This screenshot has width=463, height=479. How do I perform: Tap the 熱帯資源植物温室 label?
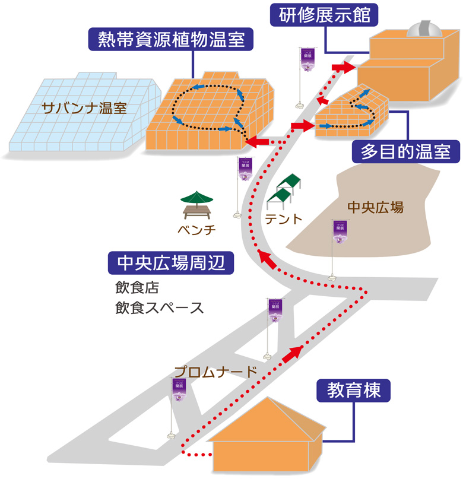click(x=171, y=40)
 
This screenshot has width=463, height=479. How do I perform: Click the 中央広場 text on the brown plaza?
click(x=375, y=207)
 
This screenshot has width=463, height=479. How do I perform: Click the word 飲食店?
click(x=137, y=288)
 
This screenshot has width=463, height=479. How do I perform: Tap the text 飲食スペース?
click(x=159, y=308)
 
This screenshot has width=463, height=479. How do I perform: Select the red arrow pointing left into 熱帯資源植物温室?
click(x=260, y=142)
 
